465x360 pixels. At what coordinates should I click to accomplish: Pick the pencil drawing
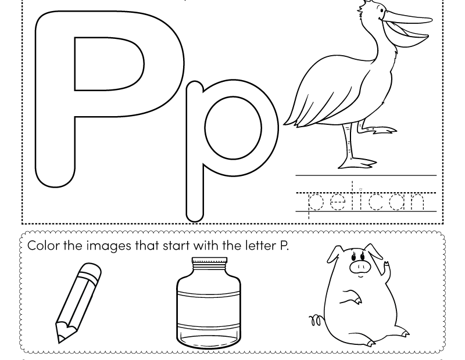(x=78, y=302)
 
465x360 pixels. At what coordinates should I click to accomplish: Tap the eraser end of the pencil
(x=92, y=269)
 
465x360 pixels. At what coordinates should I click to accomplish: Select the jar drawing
(x=208, y=302)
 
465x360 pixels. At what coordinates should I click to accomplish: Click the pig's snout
(x=360, y=267)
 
